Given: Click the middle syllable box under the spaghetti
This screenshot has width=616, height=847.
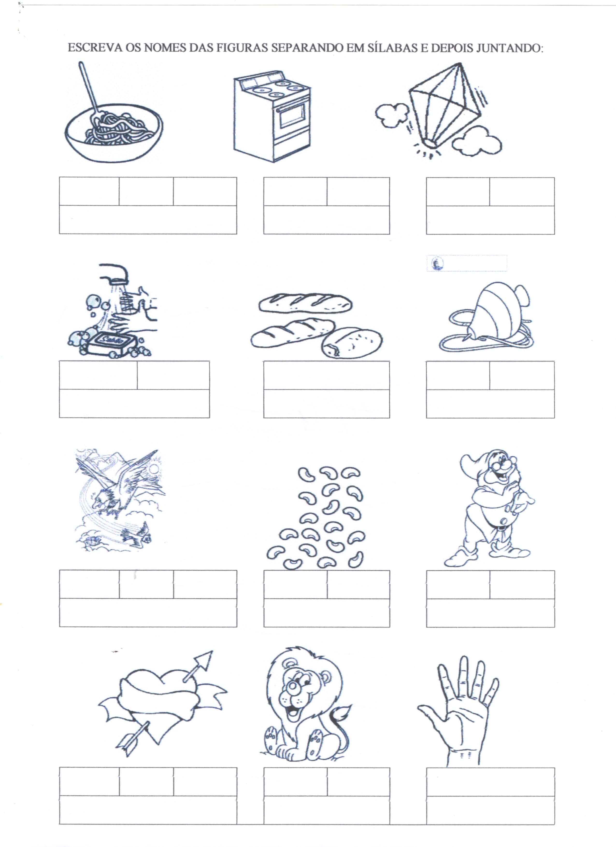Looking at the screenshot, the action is [x=146, y=192].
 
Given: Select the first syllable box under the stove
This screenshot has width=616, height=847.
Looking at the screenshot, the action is [x=295, y=192].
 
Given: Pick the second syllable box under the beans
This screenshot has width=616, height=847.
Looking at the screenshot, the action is [x=358, y=584].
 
